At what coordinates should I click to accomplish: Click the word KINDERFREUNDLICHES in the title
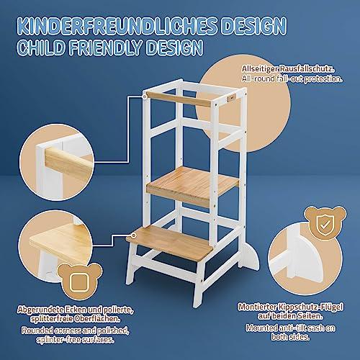click(117, 25)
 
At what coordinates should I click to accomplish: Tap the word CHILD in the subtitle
click(41, 48)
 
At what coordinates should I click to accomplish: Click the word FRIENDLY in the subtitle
click(106, 48)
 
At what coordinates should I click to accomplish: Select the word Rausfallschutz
click(307, 69)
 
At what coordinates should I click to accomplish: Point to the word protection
click(323, 79)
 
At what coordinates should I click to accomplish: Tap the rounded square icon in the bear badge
click(79, 282)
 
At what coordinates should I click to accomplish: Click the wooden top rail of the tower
click(179, 99)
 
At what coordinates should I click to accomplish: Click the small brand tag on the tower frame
click(233, 98)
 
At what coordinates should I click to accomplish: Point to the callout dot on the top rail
click(145, 96)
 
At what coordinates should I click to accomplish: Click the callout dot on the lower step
click(133, 235)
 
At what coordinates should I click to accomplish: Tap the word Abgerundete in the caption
click(41, 310)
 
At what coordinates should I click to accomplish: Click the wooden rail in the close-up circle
click(69, 162)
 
